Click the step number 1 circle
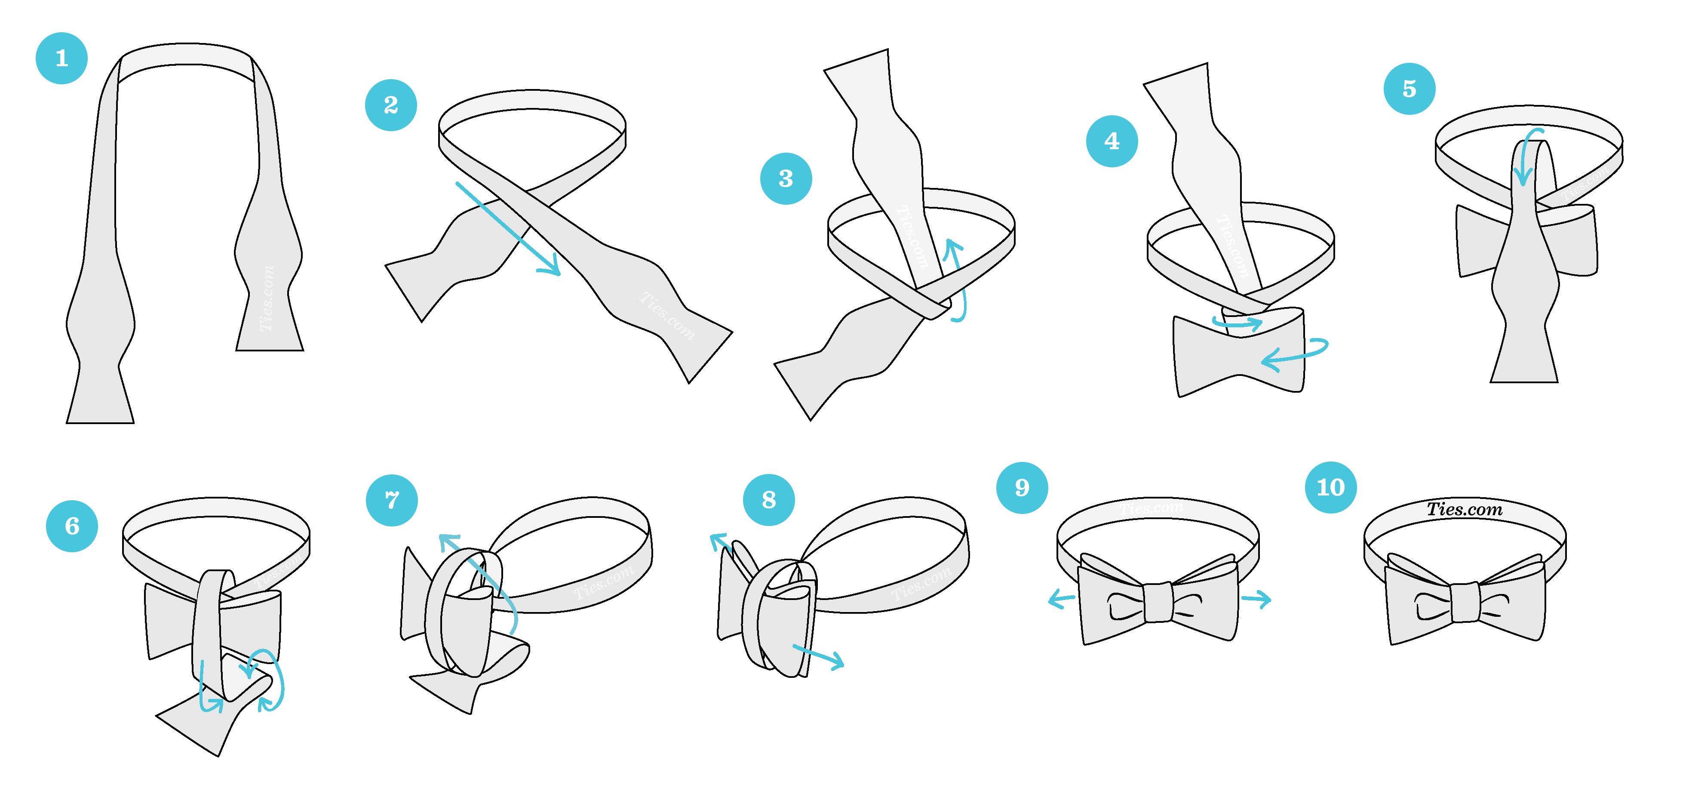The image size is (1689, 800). (61, 58)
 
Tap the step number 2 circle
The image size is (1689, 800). (391, 105)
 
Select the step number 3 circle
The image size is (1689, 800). (786, 178)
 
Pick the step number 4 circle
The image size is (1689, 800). (1112, 141)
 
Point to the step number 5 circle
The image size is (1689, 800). (1409, 89)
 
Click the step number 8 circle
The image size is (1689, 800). (768, 500)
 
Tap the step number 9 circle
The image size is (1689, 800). (1022, 487)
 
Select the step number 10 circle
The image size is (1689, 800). (1330, 487)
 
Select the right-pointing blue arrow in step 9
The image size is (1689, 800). (1256, 598)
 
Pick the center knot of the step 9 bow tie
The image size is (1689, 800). (1158, 602)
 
